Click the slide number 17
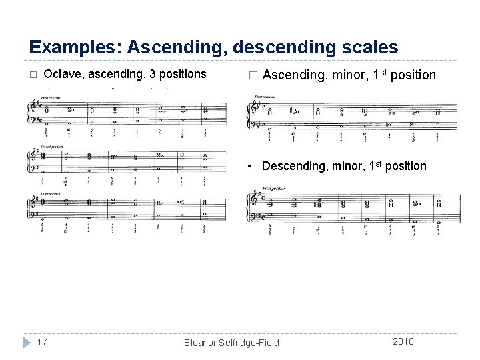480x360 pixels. (41, 341)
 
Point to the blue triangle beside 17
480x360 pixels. (26, 342)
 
